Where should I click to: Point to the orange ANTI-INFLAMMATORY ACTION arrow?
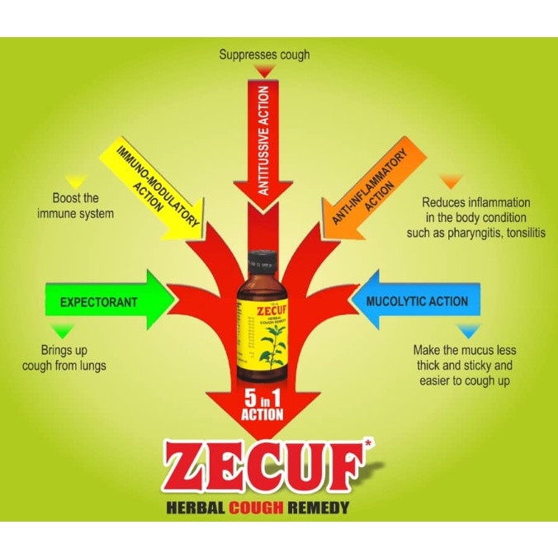click(x=368, y=186)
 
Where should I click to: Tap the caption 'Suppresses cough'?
click(x=264, y=54)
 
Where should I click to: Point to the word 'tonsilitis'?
click(x=521, y=234)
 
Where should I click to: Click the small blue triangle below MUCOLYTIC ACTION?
click(x=469, y=331)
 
